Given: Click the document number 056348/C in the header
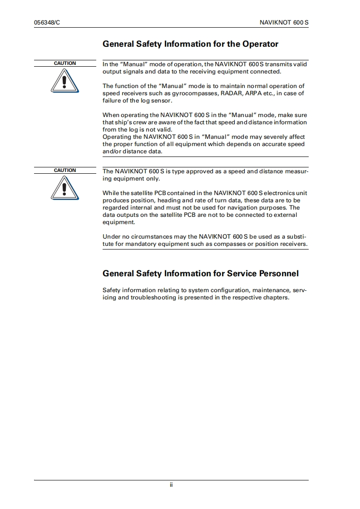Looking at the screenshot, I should click(47, 22).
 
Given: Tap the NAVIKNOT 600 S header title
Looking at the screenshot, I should click(284, 22).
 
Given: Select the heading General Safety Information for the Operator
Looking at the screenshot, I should click(190, 44).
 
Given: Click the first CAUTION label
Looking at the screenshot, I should click(65, 64).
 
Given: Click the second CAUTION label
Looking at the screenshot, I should click(65, 171).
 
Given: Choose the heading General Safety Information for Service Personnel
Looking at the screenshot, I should click(201, 274).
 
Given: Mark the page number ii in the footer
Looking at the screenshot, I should click(172, 485).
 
